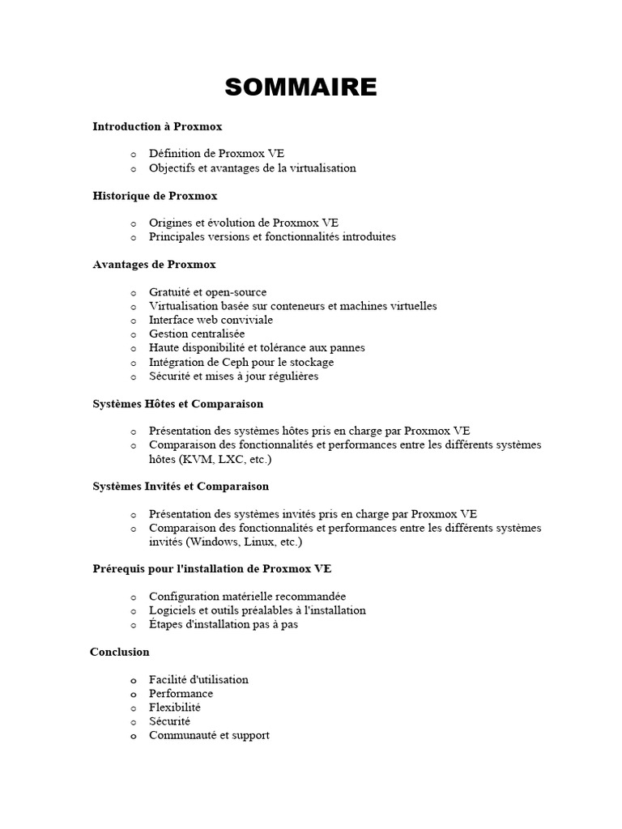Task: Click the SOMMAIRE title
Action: point(300,87)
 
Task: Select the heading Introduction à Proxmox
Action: point(157,127)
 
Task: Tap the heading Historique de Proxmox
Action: point(155,196)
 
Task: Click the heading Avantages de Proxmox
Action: point(154,265)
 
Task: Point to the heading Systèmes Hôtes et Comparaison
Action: point(177,404)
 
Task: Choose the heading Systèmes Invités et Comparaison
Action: point(181,487)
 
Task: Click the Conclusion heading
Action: point(120,652)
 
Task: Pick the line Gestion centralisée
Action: point(197,334)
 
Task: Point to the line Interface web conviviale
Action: point(211,320)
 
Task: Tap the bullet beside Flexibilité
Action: point(133,708)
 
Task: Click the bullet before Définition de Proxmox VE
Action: point(133,154)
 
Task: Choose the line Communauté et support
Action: point(209,735)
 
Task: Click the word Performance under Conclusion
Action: point(181,694)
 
